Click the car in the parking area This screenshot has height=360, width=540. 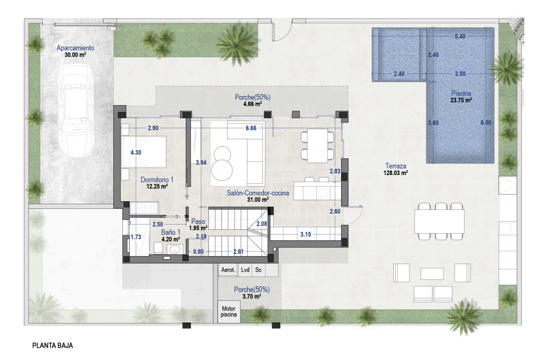tap(76, 111)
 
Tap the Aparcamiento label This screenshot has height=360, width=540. tap(76, 48)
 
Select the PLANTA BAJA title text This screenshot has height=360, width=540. tap(53, 346)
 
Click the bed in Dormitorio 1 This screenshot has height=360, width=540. tap(144, 152)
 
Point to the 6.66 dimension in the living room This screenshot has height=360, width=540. tap(251, 128)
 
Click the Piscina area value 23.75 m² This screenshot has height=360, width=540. tap(461, 100)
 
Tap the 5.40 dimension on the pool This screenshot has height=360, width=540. tap(460, 36)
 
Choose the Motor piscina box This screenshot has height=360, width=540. tap(229, 311)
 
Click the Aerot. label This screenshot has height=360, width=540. tap(228, 270)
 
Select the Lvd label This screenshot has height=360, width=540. tap(245, 270)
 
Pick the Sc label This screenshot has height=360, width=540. tap(258, 270)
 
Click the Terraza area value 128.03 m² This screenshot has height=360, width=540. tap(396, 173)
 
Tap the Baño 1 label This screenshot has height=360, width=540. tap(171, 232)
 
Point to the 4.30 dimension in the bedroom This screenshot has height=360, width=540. tap(136, 153)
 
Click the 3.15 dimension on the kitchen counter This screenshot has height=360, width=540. tap(306, 234)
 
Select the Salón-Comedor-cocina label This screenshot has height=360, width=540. tap(258, 193)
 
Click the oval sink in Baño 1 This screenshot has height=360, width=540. tap(175, 249)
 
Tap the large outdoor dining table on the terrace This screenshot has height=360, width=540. tap(440, 221)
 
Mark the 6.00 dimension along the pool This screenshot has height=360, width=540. tap(486, 123)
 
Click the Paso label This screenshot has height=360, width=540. tap(198, 221)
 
